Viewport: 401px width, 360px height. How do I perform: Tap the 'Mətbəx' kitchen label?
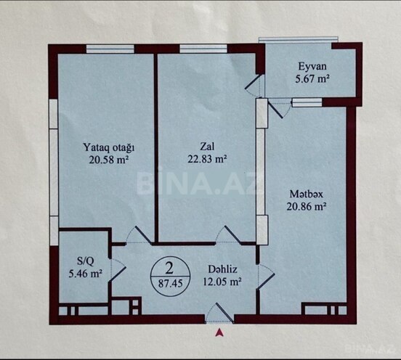click(x=304, y=194)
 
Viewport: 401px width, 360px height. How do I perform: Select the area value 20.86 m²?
click(x=304, y=206)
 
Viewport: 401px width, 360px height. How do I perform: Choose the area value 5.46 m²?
click(x=84, y=274)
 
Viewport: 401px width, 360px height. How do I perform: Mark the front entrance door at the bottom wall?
click(x=220, y=314)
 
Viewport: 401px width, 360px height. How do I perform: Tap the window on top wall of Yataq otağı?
click(x=110, y=49)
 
